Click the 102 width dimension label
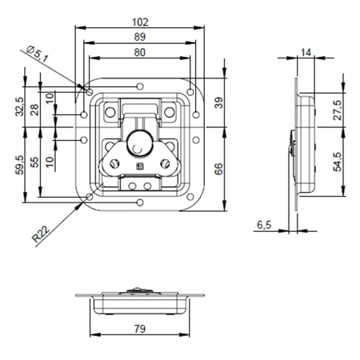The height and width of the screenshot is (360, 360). click(x=140, y=22)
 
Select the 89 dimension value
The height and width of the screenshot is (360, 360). click(x=140, y=37)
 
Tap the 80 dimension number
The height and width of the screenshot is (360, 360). click(x=140, y=53)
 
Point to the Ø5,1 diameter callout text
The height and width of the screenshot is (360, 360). click(x=38, y=54)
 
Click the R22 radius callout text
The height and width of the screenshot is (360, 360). click(x=41, y=234)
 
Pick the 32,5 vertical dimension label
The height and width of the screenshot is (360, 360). click(x=19, y=106)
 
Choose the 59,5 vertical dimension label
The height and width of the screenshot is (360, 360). click(x=19, y=166)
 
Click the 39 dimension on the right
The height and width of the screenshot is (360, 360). click(x=218, y=102)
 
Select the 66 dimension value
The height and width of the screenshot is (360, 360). click(x=218, y=169)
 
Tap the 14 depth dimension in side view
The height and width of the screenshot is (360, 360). click(x=306, y=53)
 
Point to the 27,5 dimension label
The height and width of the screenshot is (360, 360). click(x=338, y=110)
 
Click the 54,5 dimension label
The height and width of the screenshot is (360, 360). click(x=338, y=162)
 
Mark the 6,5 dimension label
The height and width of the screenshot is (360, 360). click(x=264, y=226)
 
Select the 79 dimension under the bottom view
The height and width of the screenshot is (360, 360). click(x=140, y=329)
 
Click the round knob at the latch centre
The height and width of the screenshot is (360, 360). click(x=140, y=144)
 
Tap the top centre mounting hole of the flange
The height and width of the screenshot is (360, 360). click(x=140, y=86)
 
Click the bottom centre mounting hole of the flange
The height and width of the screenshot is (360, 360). click(x=140, y=202)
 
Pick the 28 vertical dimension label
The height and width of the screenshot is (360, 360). click(x=34, y=110)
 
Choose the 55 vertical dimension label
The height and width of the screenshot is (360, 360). click(x=34, y=162)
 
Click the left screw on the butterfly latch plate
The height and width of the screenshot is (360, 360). click(x=115, y=164)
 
